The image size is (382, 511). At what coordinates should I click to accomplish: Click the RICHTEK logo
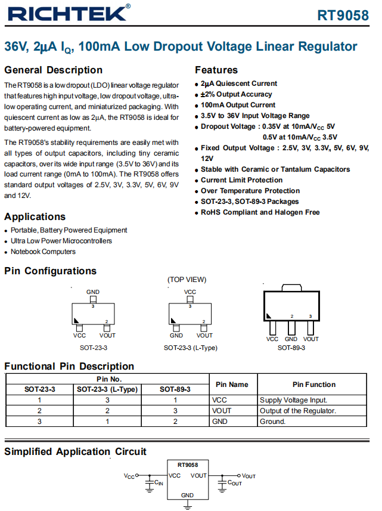click(x=67, y=13)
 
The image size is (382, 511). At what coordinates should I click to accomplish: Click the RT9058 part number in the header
click(x=343, y=16)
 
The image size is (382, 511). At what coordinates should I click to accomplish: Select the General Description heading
click(x=54, y=70)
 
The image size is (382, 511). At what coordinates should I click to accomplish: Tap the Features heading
click(x=216, y=70)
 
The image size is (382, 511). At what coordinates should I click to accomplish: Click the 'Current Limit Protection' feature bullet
click(x=241, y=180)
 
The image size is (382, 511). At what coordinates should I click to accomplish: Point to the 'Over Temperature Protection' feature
click(x=250, y=191)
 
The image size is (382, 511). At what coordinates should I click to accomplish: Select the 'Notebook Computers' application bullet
click(x=43, y=252)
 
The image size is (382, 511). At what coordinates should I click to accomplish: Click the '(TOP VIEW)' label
click(x=187, y=279)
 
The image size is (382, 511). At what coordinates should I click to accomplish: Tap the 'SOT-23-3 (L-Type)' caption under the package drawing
click(x=189, y=347)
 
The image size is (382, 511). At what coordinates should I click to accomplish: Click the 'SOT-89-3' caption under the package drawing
click(x=291, y=347)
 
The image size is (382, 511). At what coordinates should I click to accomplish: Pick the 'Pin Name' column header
click(x=232, y=385)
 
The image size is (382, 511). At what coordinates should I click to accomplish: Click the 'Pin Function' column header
click(x=314, y=385)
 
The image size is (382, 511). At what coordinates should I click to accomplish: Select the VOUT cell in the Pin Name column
click(x=222, y=411)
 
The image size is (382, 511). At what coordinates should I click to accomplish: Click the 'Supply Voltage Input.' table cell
click(x=293, y=400)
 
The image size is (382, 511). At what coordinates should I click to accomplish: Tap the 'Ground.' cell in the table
click(x=273, y=422)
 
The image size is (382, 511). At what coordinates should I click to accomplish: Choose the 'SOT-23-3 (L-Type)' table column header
click(x=107, y=389)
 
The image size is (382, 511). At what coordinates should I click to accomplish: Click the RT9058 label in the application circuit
click(x=188, y=464)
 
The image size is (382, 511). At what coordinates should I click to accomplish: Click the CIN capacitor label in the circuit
click(x=159, y=482)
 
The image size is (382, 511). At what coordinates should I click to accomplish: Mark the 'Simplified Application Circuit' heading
click(x=75, y=451)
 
